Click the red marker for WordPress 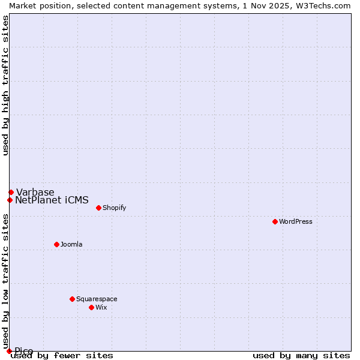[275, 221]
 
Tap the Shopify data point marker [98, 208]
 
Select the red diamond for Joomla [56, 244]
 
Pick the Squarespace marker [72, 299]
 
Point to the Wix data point [91, 307]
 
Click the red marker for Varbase [11, 192]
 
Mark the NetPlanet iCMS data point [10, 200]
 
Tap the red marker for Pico [9, 351]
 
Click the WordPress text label [296, 221]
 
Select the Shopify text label [114, 208]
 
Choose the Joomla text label [71, 244]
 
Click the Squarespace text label [97, 299]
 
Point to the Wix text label [101, 307]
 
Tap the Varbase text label [35, 192]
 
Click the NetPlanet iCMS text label [52, 200]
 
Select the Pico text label [24, 351]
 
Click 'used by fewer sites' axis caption [62, 355]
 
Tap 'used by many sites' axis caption [301, 355]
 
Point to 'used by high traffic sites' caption [5, 85]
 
